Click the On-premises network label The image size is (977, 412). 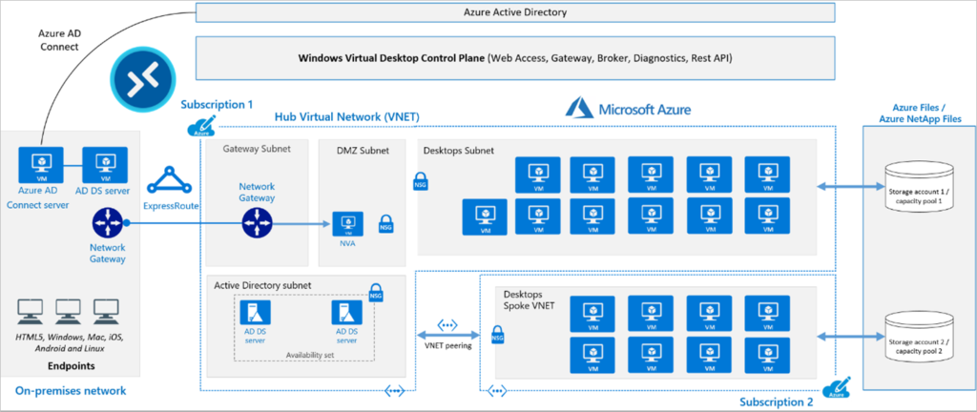coord(71,392)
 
